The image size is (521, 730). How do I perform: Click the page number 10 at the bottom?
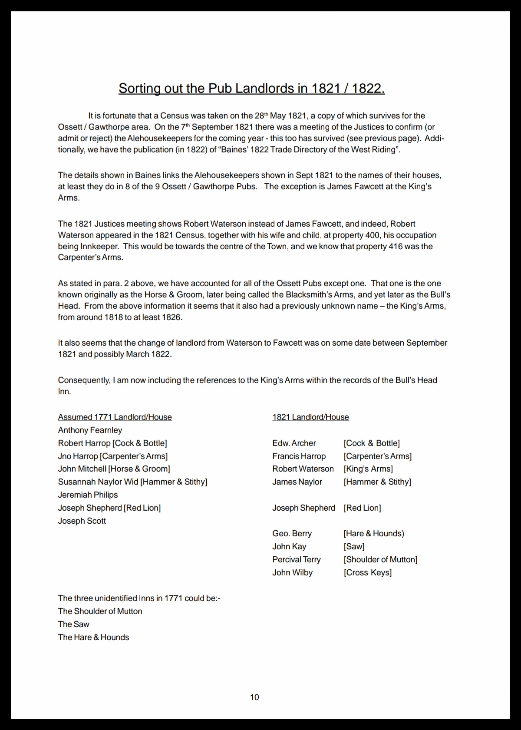[254, 697]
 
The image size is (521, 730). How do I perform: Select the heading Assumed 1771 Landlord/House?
[115, 417]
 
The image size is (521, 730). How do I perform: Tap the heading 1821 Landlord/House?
[310, 417]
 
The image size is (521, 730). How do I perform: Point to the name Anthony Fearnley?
[90, 430]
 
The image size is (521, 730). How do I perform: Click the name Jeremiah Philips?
[88, 495]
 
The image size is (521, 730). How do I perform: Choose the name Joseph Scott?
[82, 521]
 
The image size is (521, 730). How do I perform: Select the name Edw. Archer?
[294, 443]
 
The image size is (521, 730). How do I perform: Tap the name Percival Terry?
[296, 560]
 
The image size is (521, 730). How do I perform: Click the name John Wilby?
[292, 573]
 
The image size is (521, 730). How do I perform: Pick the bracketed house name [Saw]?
[354, 547]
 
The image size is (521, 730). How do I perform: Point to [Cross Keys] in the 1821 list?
[367, 573]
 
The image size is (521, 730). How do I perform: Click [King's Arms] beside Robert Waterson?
[368, 469]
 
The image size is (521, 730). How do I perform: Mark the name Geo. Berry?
[292, 534]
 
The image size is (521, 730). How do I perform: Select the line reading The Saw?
[73, 624]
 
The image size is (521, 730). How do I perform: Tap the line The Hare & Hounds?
[93, 638]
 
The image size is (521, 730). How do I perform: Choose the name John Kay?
[289, 547]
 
